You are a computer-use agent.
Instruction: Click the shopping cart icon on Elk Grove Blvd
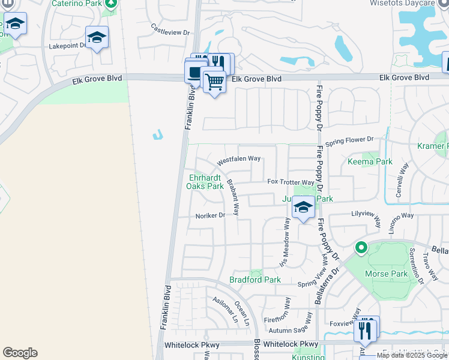click(214, 81)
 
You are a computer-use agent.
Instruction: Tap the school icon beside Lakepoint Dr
click(97, 38)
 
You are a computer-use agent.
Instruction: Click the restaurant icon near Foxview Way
click(364, 329)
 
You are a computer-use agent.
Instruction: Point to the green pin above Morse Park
click(361, 247)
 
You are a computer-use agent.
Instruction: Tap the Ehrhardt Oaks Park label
click(206, 182)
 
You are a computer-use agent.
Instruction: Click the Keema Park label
click(370, 161)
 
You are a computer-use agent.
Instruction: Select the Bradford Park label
click(255, 280)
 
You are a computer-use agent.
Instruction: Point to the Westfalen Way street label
click(239, 160)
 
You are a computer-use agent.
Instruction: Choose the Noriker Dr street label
click(210, 216)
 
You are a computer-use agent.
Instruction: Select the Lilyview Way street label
click(366, 214)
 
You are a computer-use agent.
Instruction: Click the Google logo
click(20, 353)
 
